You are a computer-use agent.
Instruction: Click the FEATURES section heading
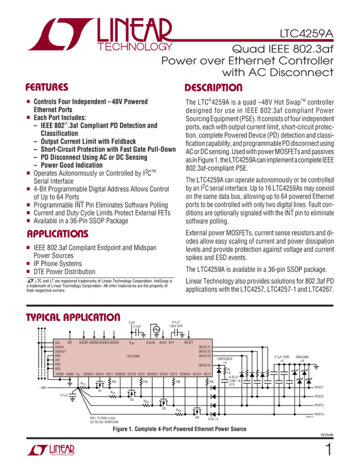[48, 88]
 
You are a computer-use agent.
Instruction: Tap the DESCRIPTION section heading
[214, 88]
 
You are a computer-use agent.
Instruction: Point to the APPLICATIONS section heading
[55, 234]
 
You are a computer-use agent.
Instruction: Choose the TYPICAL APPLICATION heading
[73, 318]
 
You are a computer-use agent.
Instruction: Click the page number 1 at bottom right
[328, 451]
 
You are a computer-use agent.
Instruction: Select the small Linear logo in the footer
[50, 451]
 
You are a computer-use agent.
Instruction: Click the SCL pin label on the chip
[58, 343]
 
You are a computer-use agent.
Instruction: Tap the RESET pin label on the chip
[189, 343]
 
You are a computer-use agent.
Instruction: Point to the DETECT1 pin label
[205, 347]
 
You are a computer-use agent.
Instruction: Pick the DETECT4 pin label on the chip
[205, 365]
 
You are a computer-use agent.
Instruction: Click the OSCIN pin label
[150, 343]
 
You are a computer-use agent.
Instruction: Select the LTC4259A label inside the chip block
[133, 356]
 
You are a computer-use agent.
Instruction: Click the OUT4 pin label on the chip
[207, 374]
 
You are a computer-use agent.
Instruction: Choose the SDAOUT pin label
[60, 351]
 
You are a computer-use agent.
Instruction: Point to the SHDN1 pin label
[84, 343]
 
